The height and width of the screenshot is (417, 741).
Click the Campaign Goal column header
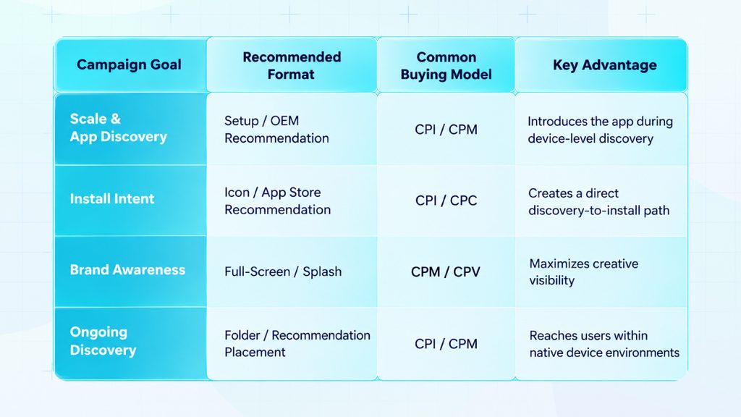pos(129,64)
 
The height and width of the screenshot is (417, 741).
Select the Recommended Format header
pos(292,65)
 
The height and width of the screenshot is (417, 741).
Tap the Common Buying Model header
pos(446,65)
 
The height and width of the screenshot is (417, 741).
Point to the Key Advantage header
pos(604,64)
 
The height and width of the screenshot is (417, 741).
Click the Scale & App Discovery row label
pos(118,127)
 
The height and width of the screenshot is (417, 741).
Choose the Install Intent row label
pos(112,198)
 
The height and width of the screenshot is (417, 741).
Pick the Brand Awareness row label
pos(127,269)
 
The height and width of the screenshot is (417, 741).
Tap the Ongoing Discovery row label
pos(103,341)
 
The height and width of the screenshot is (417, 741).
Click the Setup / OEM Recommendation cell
pos(276,129)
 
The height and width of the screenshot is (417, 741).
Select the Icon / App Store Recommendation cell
pos(277,201)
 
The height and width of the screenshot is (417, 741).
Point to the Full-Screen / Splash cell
pos(283,271)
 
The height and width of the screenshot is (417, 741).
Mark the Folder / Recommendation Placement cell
pos(297,343)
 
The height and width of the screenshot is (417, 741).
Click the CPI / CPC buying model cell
pos(446,201)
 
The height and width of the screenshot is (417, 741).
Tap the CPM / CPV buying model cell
pos(446,272)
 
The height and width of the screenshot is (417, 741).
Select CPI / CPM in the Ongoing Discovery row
pos(446,344)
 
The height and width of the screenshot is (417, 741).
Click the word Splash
pos(322,271)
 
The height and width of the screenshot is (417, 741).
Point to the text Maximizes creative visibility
pos(584,272)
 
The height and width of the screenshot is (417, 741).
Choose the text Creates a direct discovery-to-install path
pos(598,201)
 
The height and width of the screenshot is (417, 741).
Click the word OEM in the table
pos(284,121)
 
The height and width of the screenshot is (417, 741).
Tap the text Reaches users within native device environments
pos(604,344)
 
